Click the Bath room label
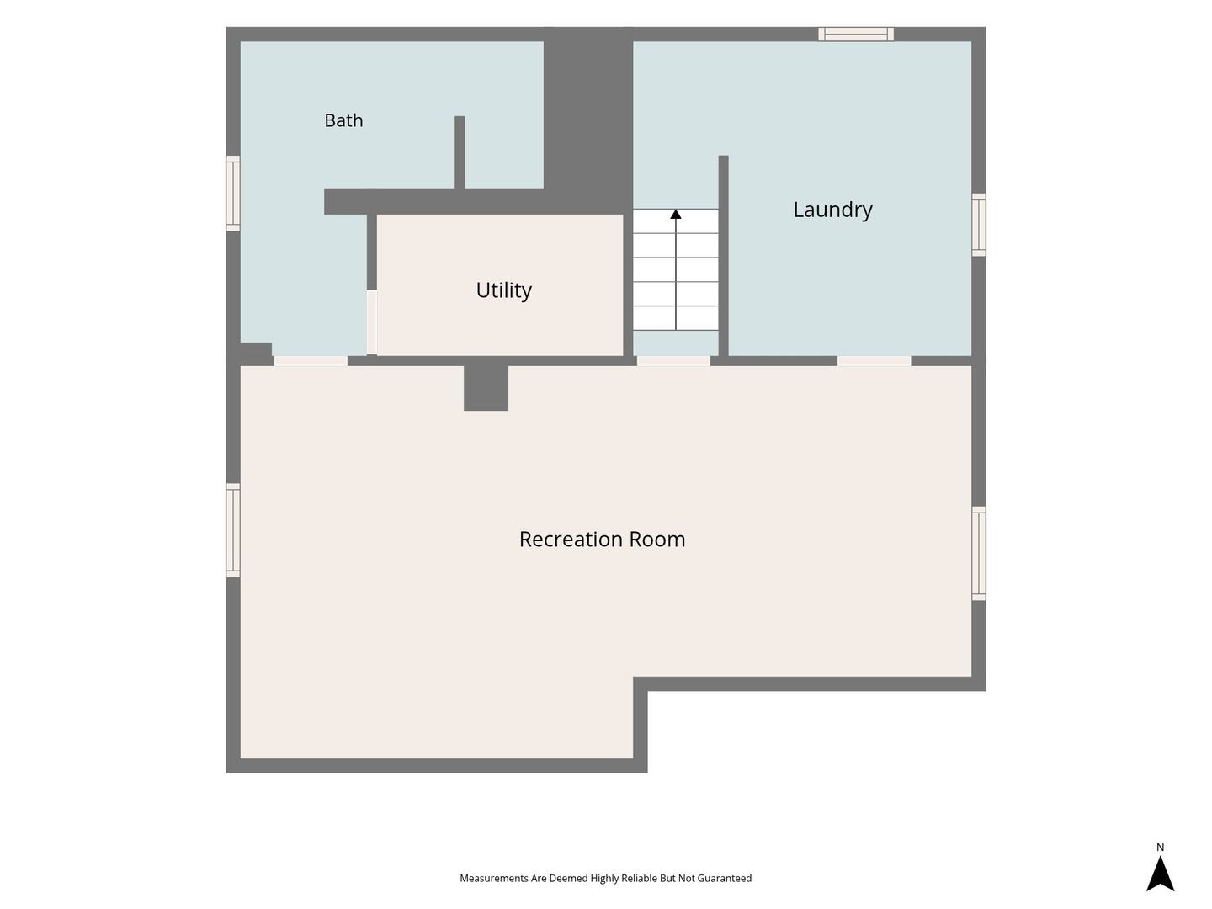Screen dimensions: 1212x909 (x=343, y=120)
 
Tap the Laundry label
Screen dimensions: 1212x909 (x=832, y=210)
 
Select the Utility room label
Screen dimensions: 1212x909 (x=503, y=290)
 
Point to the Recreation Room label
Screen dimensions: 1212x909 (x=602, y=540)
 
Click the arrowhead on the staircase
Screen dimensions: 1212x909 (x=676, y=214)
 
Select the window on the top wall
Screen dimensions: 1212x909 (x=856, y=35)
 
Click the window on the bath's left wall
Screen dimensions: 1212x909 (x=233, y=194)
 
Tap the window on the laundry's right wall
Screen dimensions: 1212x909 (x=978, y=225)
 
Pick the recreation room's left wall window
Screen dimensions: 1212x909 (x=233, y=530)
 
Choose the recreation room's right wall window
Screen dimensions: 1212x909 (x=978, y=553)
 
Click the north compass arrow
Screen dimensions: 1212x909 (x=1160, y=874)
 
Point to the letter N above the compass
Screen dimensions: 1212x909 (x=1160, y=848)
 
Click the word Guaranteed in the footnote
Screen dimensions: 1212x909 (x=725, y=878)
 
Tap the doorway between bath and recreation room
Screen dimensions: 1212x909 (x=311, y=361)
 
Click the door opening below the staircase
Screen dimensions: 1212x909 (x=673, y=361)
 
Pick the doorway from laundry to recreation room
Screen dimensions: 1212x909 (x=874, y=361)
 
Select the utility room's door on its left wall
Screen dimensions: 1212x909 (x=372, y=322)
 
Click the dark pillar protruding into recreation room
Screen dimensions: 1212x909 (x=486, y=388)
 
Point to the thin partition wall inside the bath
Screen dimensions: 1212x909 (x=460, y=152)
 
